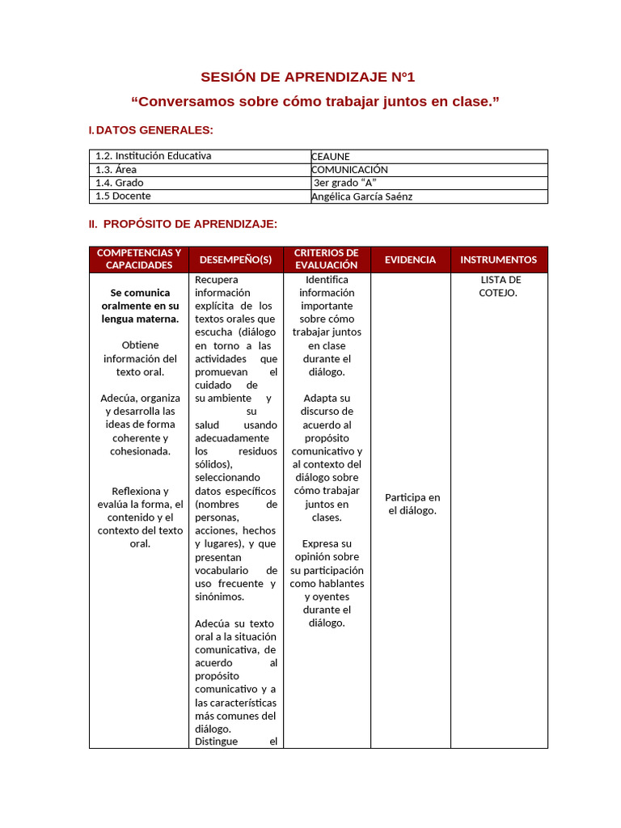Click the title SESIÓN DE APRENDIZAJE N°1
click(307, 78)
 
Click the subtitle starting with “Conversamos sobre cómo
click(315, 102)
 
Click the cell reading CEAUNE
click(331, 156)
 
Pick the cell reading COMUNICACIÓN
click(349, 170)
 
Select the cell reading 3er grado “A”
click(344, 183)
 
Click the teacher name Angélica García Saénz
click(361, 196)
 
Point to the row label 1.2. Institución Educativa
click(153, 156)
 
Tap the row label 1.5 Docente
click(123, 196)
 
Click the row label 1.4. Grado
click(120, 183)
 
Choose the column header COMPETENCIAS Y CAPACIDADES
click(139, 260)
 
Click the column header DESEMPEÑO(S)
click(235, 260)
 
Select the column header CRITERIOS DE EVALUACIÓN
click(327, 260)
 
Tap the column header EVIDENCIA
click(410, 260)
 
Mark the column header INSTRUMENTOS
click(498, 260)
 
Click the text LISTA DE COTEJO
click(500, 286)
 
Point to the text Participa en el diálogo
click(412, 504)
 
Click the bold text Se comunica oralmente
click(139, 306)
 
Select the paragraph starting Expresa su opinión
click(327, 583)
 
